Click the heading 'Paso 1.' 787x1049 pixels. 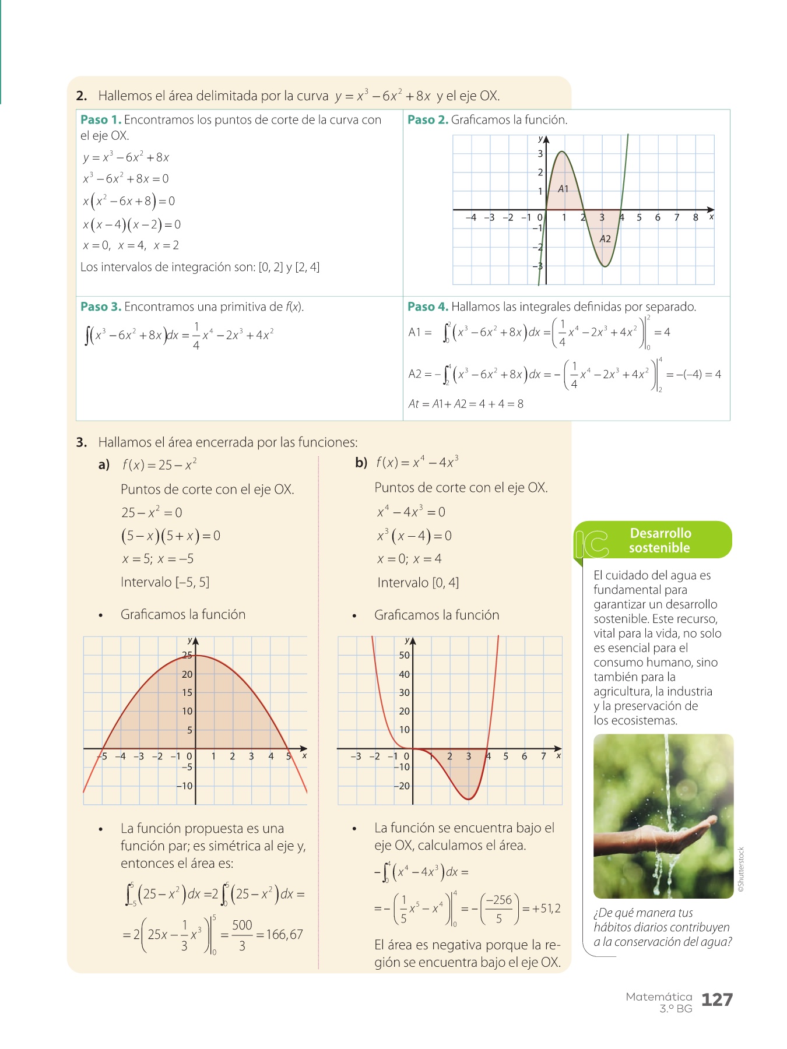point(101,120)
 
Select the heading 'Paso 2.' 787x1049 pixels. point(428,120)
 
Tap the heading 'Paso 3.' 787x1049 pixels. point(101,307)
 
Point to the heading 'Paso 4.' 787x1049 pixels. point(428,307)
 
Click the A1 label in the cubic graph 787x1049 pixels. point(563,189)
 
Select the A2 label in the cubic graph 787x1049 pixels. point(605,239)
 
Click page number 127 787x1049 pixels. point(716,1000)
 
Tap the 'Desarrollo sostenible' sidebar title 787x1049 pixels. point(660,540)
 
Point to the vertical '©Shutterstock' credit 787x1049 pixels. point(741,870)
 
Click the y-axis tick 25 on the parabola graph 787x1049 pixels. point(187,655)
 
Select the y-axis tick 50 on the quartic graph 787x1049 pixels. point(404,655)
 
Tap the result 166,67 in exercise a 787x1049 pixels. point(284,935)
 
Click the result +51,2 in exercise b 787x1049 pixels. point(546,909)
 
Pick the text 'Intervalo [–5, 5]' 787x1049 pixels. point(165,582)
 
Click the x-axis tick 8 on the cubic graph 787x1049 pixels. point(695,218)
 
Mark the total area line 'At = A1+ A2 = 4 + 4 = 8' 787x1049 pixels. point(466,404)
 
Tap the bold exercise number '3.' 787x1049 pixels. point(82,442)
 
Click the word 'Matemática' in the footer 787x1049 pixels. point(659,997)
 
